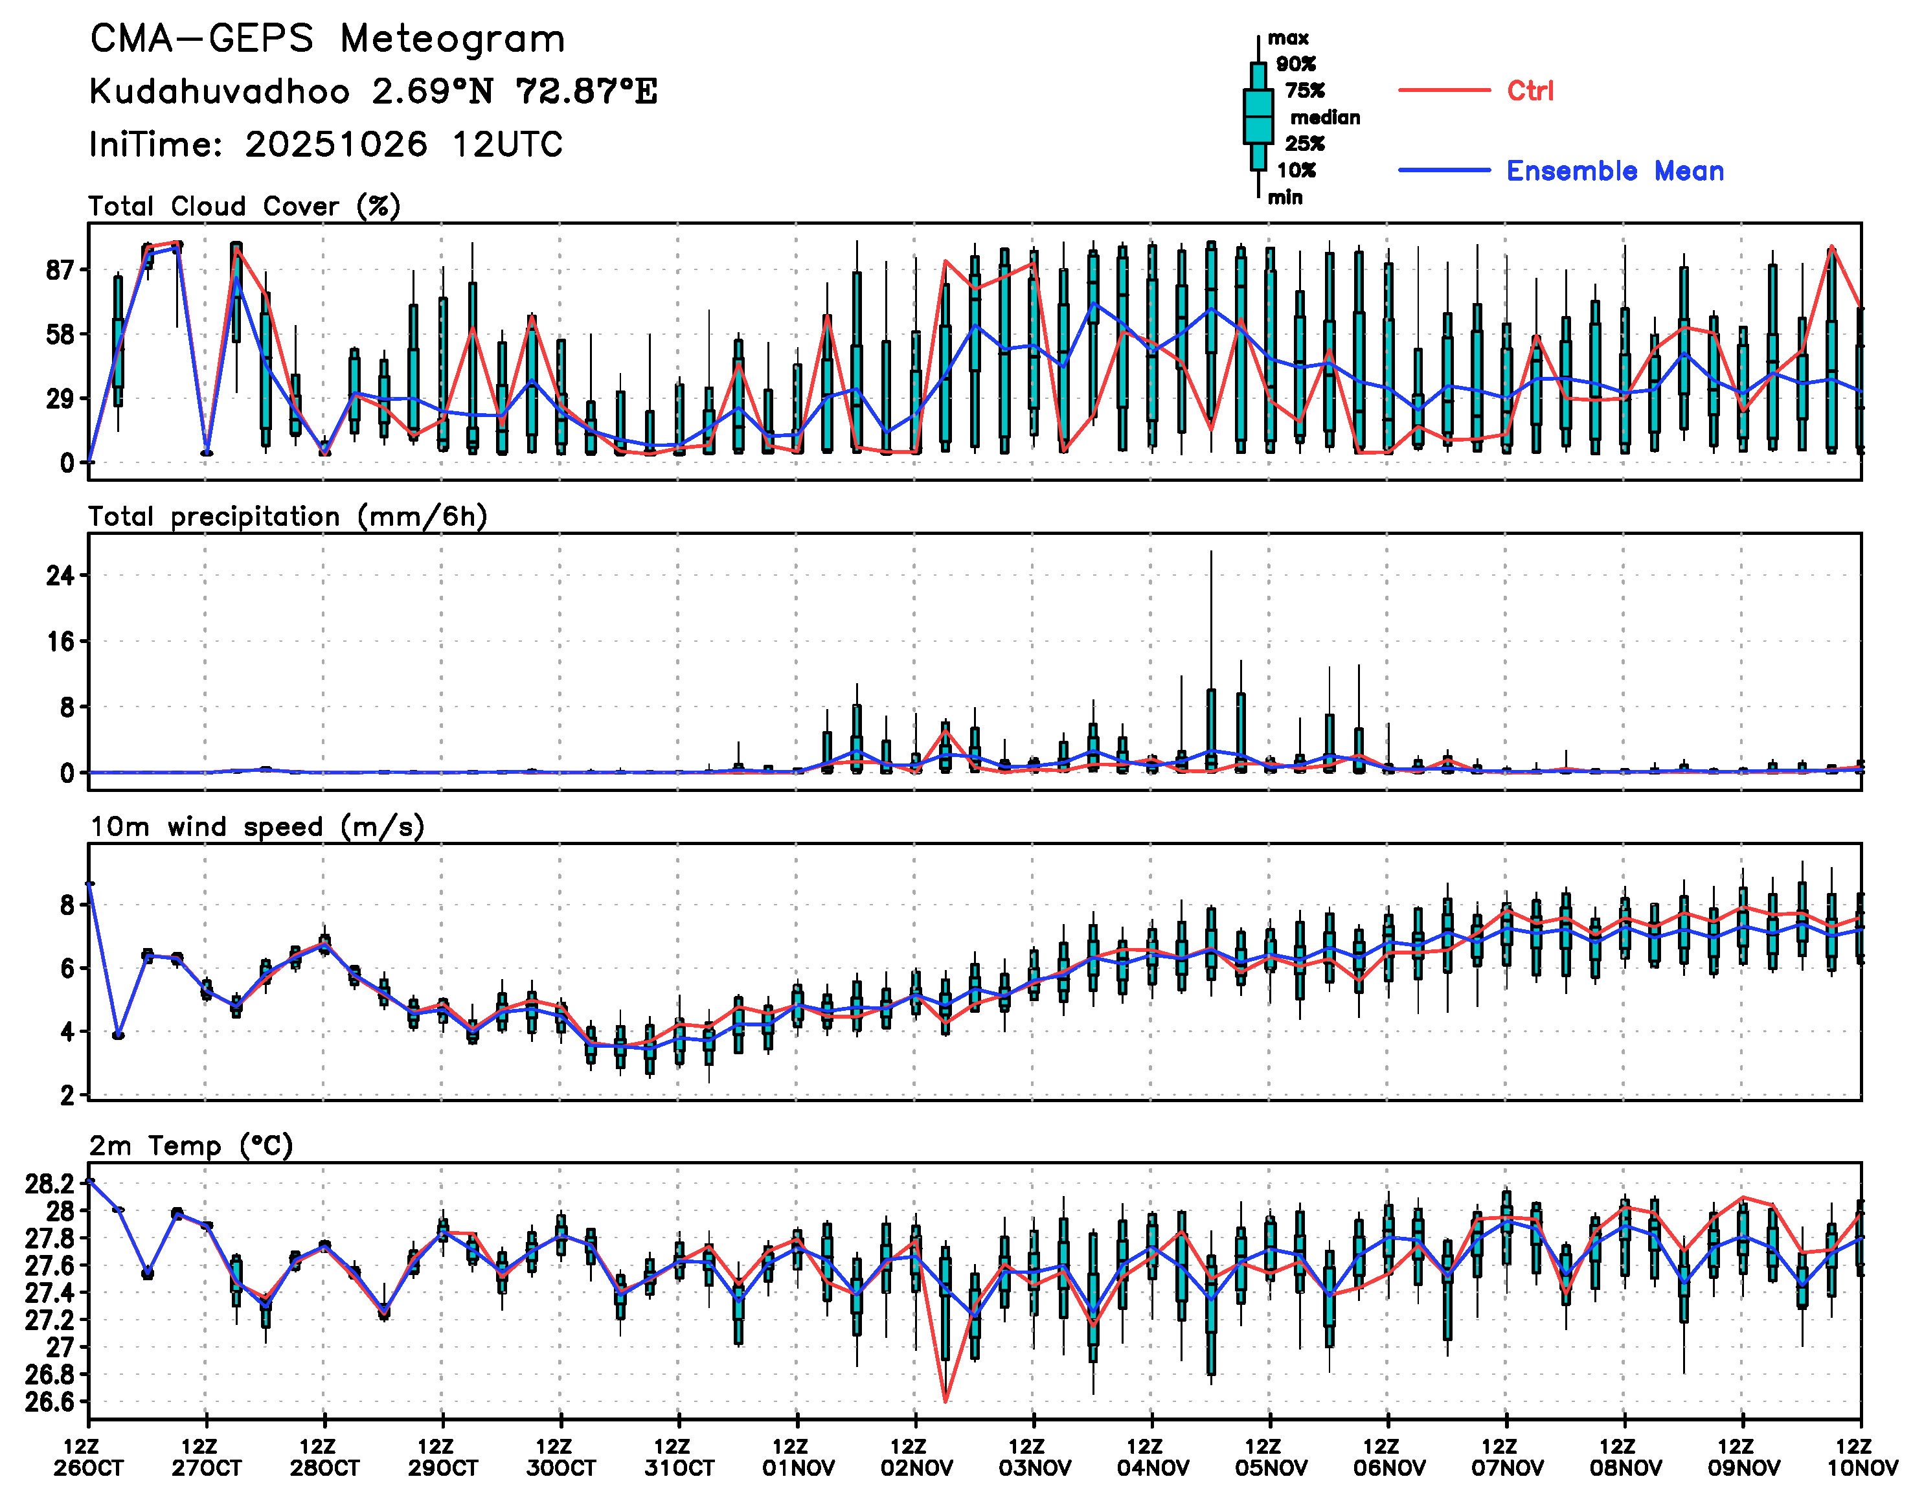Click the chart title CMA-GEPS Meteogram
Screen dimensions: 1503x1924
click(x=327, y=40)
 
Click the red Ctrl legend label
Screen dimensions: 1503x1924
click(x=1530, y=91)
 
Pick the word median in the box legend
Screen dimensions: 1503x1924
click(x=1325, y=117)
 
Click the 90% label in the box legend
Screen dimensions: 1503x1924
click(x=1296, y=64)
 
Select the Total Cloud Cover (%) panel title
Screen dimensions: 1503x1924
click(x=244, y=206)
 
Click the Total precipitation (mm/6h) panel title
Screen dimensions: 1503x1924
click(x=287, y=516)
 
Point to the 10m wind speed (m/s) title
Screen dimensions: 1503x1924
click(x=257, y=826)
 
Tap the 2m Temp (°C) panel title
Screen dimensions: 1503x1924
click(x=191, y=1146)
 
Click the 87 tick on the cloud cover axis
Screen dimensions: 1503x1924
click(x=60, y=271)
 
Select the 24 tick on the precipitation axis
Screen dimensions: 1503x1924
click(x=60, y=576)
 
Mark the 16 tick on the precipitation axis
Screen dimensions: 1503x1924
click(x=60, y=641)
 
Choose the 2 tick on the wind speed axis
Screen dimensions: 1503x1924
click(x=67, y=1095)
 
